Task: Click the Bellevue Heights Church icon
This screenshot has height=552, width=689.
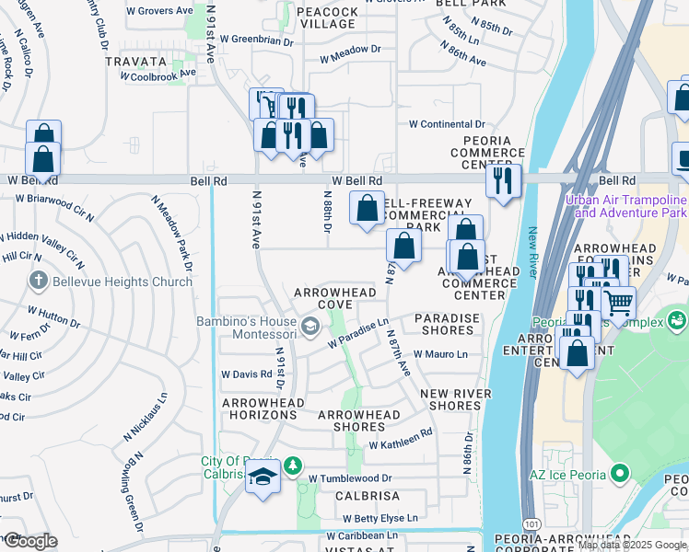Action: click(38, 280)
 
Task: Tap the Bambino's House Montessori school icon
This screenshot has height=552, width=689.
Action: click(310, 323)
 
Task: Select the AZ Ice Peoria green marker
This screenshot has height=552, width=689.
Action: click(620, 474)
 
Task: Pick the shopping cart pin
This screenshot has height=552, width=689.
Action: click(619, 301)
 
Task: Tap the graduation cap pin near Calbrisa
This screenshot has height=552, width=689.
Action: click(263, 478)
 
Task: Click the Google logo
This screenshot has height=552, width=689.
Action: click(29, 541)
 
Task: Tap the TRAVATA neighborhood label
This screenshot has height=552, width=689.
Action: click(135, 63)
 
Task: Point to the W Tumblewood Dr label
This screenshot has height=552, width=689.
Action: click(350, 478)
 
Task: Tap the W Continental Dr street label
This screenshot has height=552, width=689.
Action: click(447, 123)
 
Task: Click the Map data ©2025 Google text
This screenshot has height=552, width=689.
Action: click(631, 545)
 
